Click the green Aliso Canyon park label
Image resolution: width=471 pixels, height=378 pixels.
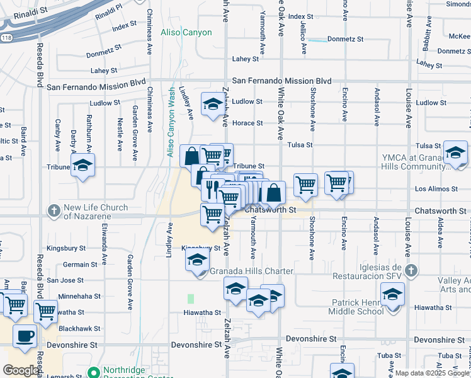pos(186,33)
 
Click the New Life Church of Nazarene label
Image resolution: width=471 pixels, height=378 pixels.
pos(96,212)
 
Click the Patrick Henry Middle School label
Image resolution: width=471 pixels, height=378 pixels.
pos(357,307)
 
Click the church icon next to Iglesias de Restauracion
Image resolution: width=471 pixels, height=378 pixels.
pos(411,271)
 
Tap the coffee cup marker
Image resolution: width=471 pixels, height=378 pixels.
pos(25,336)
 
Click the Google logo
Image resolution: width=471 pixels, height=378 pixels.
pos(21,370)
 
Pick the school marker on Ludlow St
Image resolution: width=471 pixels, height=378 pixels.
pos(212,103)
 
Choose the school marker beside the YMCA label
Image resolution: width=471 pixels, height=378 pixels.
pos(455,152)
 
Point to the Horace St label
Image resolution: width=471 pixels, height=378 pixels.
pos(247,123)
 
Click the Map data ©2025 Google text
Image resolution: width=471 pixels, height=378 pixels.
pos(432,373)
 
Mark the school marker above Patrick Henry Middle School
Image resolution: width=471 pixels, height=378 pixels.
pos(392,294)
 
